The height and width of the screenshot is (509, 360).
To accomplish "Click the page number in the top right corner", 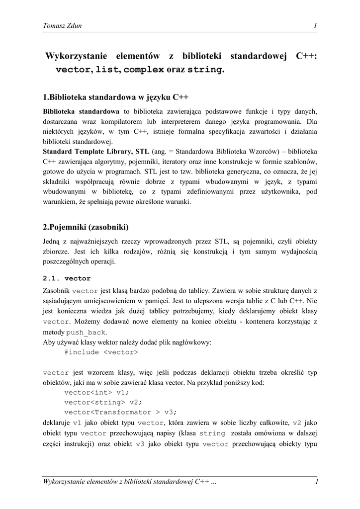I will pos(315,26).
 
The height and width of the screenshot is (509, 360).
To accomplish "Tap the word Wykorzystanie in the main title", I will pos(72,57).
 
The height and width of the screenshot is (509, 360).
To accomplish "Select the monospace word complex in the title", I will pos(144,70).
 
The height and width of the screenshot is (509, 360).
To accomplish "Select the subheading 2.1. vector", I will pos(67,278).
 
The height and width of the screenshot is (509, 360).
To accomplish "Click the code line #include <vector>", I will pos(101,352).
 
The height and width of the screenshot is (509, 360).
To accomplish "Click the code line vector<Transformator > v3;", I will pos(120,412).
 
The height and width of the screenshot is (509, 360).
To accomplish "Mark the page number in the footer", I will pos(316,482).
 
